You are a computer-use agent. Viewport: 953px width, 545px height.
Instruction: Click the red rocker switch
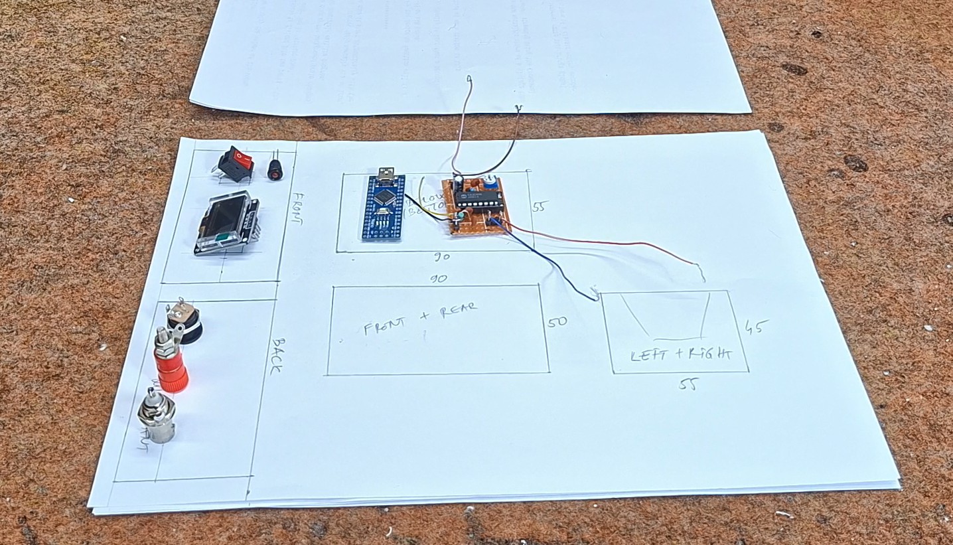[x=238, y=161]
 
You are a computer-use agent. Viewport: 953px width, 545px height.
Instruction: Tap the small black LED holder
[x=275, y=168]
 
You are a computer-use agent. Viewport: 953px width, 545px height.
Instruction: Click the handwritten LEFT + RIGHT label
[x=680, y=354]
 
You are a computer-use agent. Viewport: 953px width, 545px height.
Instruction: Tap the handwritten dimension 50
[x=557, y=323]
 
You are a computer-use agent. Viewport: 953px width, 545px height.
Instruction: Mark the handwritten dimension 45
[x=757, y=327]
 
